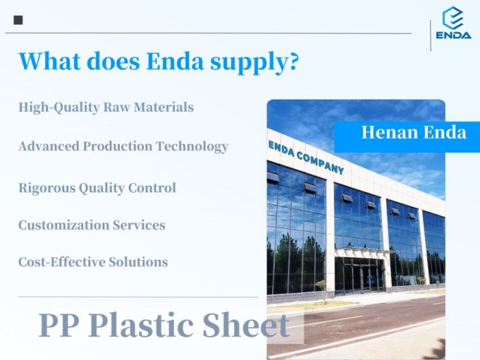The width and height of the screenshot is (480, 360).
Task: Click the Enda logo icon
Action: click(453, 17)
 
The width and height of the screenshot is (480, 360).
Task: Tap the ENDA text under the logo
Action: click(453, 34)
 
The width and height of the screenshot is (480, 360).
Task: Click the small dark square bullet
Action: click(18, 20)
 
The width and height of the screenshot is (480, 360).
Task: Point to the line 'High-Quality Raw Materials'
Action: click(106, 108)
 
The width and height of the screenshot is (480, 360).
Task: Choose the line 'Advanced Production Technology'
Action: click(123, 147)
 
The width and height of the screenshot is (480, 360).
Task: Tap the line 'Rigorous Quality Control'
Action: click(97, 188)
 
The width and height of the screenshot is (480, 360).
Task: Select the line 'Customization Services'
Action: click(91, 225)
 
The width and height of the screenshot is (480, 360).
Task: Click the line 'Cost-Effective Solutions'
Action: click(93, 262)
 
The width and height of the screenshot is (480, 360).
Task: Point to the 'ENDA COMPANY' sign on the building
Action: click(306, 157)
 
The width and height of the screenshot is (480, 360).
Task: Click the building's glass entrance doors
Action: click(360, 274)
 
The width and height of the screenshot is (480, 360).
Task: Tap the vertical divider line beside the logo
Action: click(431, 34)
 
